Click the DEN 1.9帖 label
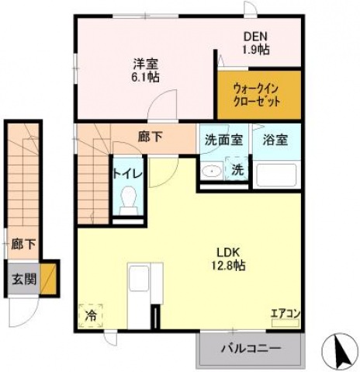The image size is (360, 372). (256, 43)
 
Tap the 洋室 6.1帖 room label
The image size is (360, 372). (145, 70)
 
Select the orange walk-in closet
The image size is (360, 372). (259, 95)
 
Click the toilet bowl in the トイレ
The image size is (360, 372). (129, 200)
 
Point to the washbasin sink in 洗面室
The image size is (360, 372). (212, 170)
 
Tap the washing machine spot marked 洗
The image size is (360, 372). (237, 169)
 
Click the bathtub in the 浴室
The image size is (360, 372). (276, 175)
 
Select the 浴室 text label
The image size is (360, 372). (275, 140)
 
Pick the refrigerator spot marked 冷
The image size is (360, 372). (91, 315)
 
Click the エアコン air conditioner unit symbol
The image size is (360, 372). (286, 323)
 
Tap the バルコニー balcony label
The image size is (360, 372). (251, 348)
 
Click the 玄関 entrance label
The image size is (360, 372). (24, 279)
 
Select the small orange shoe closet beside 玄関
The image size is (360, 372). (48, 279)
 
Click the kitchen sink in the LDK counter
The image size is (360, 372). (139, 277)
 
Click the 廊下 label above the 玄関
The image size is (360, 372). (23, 244)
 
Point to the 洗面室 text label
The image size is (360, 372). (224, 140)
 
